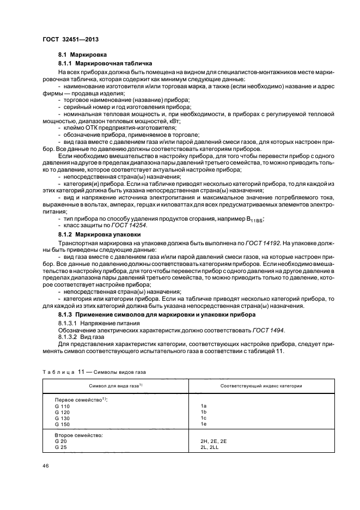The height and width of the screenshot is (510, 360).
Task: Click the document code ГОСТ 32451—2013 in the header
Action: (x=70, y=39)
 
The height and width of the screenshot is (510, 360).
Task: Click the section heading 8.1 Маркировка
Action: (x=83, y=55)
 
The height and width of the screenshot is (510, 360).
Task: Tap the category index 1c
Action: (x=204, y=418)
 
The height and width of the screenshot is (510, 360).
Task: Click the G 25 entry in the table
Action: (x=62, y=447)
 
